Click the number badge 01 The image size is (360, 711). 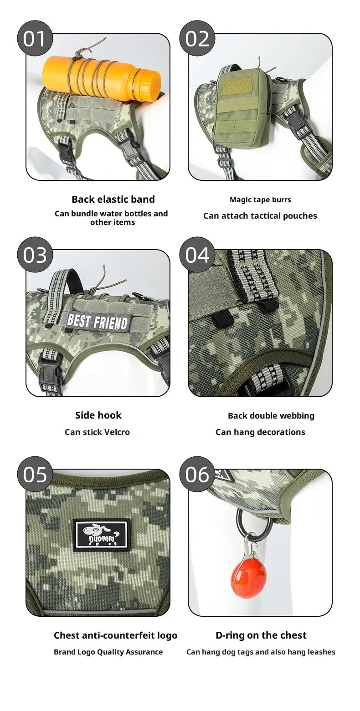pyautogui.click(x=35, y=38)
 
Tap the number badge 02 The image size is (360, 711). pyautogui.click(x=197, y=38)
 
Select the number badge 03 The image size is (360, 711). pyautogui.click(x=35, y=255)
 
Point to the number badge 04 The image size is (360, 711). pyautogui.click(x=197, y=255)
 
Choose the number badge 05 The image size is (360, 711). pyautogui.click(x=35, y=474)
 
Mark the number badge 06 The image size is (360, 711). pyautogui.click(x=197, y=474)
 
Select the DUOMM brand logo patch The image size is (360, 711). pyautogui.click(x=102, y=535)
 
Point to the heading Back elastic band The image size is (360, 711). pyautogui.click(x=113, y=199)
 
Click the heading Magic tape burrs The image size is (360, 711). pyautogui.click(x=260, y=199)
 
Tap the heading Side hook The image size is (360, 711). pyautogui.click(x=98, y=415)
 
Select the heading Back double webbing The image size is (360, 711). pyautogui.click(x=271, y=416)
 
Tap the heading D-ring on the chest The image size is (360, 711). pyautogui.click(x=261, y=635)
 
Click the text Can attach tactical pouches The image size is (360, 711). pyautogui.click(x=260, y=216)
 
